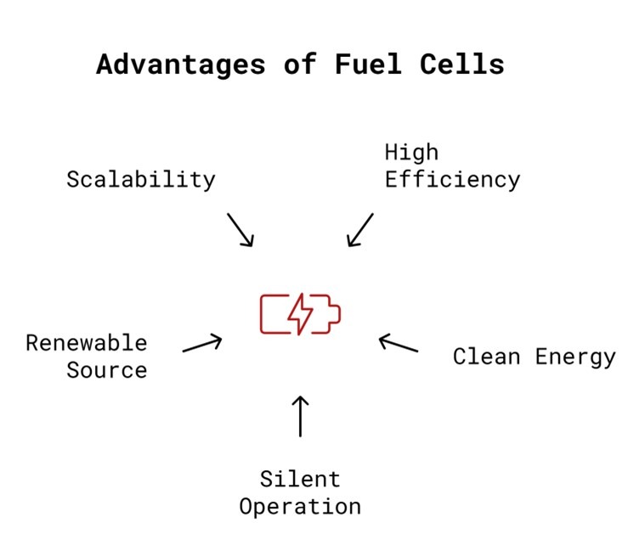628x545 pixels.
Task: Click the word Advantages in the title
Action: point(181,65)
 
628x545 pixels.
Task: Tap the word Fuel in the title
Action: point(369,64)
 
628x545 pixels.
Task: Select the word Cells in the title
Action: point(462,64)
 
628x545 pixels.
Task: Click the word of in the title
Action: point(300,64)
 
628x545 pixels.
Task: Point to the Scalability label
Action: point(141,180)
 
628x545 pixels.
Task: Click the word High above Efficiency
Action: point(411,153)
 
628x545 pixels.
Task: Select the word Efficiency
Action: point(453,180)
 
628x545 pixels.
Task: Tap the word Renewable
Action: point(87,343)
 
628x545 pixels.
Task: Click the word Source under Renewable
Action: point(107,370)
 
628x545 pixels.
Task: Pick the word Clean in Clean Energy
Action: point(487,357)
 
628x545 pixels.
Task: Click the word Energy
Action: point(575,357)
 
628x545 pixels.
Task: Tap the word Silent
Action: point(300,480)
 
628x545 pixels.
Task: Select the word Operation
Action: point(300,507)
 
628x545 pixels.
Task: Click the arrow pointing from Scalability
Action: point(240,230)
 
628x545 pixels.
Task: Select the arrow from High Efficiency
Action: point(360,230)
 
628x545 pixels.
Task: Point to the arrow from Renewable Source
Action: point(202,343)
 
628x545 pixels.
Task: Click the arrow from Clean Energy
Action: point(399,343)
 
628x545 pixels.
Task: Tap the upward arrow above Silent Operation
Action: point(300,416)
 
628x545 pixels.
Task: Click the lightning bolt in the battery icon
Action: point(300,314)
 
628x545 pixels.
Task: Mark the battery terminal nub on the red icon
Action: point(336,314)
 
